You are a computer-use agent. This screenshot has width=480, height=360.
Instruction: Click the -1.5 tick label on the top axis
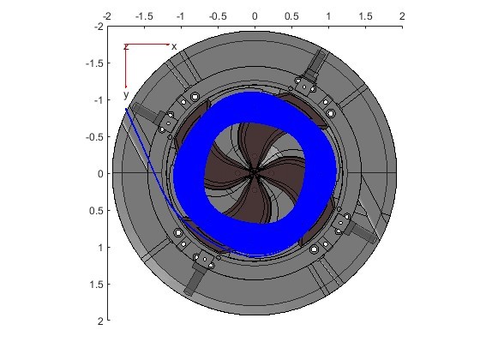coord(144,16)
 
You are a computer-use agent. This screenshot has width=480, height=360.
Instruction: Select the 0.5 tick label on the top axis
coord(291,16)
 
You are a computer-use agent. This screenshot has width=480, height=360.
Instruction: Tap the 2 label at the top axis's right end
coord(402,16)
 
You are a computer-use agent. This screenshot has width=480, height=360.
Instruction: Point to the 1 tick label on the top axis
coord(328,16)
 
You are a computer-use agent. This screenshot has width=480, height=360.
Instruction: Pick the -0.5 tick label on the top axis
coord(218,16)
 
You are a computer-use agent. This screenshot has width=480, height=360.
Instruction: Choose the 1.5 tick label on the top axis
coord(365,16)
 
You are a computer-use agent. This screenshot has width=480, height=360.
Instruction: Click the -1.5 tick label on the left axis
coord(94,63)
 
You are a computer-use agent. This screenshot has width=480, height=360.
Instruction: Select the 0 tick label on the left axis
coord(100,174)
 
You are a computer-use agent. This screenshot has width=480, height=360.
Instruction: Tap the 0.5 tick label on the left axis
coord(96,211)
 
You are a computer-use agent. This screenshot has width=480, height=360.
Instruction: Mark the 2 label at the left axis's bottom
coord(100,321)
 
